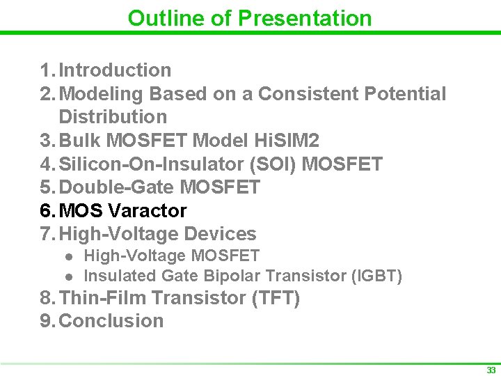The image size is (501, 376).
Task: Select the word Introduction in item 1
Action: [115, 70]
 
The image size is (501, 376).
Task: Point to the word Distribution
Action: [113, 117]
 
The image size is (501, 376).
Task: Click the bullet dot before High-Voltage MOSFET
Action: [68, 257]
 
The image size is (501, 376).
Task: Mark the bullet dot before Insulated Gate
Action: [68, 276]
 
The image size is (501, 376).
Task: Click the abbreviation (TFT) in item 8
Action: [276, 298]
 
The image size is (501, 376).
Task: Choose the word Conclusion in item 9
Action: [111, 321]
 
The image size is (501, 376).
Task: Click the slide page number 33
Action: [491, 370]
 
